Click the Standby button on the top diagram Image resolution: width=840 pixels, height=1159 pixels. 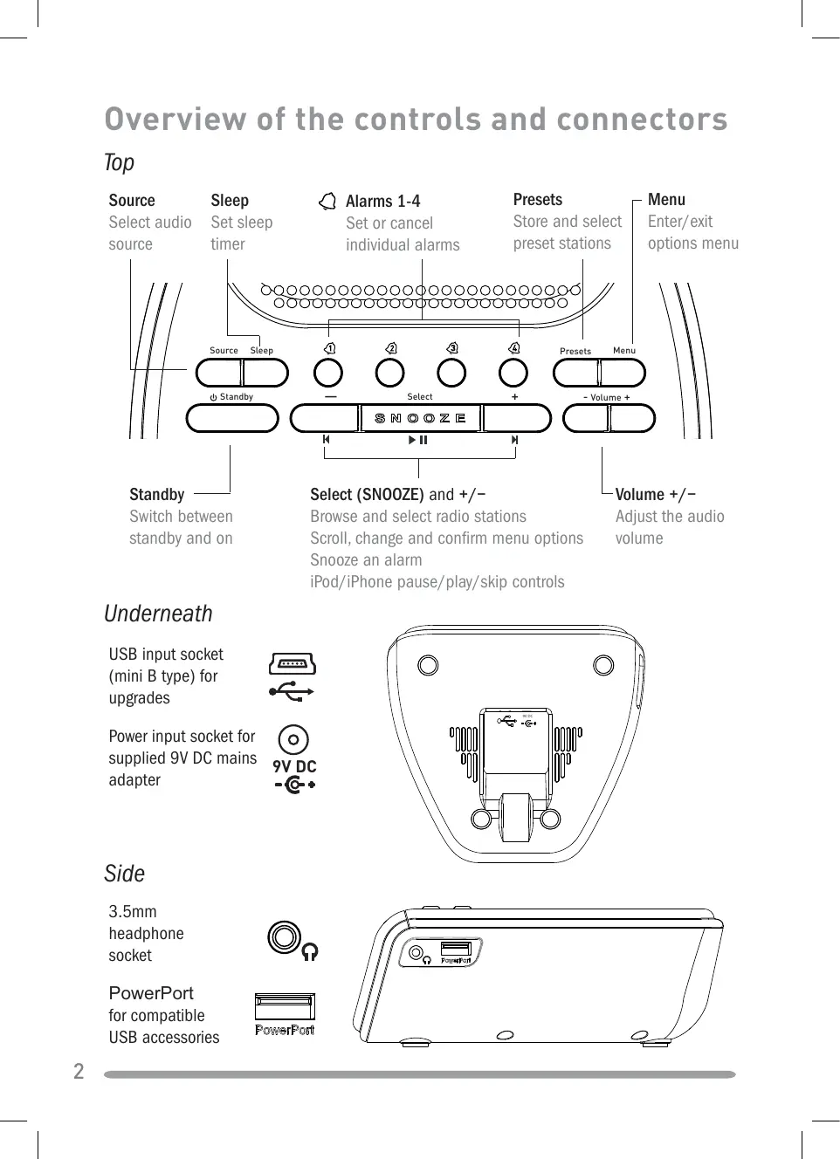232,418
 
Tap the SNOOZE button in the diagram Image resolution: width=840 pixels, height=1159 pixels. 421,418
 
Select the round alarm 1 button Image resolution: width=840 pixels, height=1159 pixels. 328,373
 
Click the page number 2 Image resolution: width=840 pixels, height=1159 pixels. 79,1072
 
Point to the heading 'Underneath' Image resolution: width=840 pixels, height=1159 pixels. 158,614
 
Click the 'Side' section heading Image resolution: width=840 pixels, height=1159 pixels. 124,874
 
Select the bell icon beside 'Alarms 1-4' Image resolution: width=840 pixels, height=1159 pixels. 327,202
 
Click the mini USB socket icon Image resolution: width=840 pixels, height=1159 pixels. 293,664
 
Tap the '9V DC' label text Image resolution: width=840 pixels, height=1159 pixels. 294,766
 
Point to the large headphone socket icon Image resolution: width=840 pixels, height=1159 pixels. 285,938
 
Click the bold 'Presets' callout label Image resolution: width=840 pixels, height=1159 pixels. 538,200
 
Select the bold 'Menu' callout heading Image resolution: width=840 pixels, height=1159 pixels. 666,200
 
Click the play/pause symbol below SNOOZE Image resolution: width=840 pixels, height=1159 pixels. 418,440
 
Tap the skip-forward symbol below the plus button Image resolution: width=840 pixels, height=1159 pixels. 514,440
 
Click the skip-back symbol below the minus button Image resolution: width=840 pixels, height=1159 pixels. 326,440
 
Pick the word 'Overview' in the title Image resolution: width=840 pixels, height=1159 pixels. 175,120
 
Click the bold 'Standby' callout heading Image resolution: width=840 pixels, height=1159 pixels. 157,495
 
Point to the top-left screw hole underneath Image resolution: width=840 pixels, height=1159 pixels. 428,666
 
